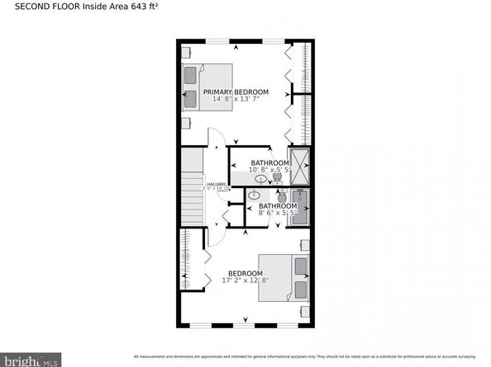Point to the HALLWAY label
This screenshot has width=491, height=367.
point(217,184)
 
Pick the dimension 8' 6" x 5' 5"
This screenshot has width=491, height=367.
point(277,213)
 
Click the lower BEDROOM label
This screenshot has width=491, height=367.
point(245,273)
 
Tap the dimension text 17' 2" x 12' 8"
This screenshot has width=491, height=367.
point(245,281)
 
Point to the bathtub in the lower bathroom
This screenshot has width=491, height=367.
point(300,206)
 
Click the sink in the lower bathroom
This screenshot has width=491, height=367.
point(254,195)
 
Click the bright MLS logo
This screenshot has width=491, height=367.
point(30,359)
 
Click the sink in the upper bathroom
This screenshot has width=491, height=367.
point(261,178)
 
